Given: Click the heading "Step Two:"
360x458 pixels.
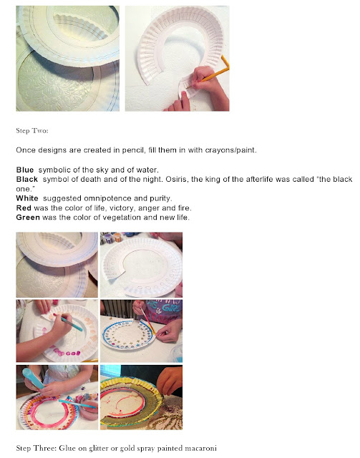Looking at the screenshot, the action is click(32, 130).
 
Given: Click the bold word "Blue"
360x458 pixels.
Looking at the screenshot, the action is click(25, 170).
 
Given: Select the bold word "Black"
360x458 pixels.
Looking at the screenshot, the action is click(27, 179).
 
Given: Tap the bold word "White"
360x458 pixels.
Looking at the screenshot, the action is click(27, 198).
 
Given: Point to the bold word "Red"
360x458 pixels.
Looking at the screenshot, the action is click(24, 208).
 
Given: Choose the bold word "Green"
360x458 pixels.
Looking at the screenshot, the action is click(28, 218).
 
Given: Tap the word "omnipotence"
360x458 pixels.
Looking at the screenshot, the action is click(107, 198).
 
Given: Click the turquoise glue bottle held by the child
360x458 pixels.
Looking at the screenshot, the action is click(32, 379).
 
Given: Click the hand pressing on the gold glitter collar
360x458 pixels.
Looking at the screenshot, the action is click(169, 380).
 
